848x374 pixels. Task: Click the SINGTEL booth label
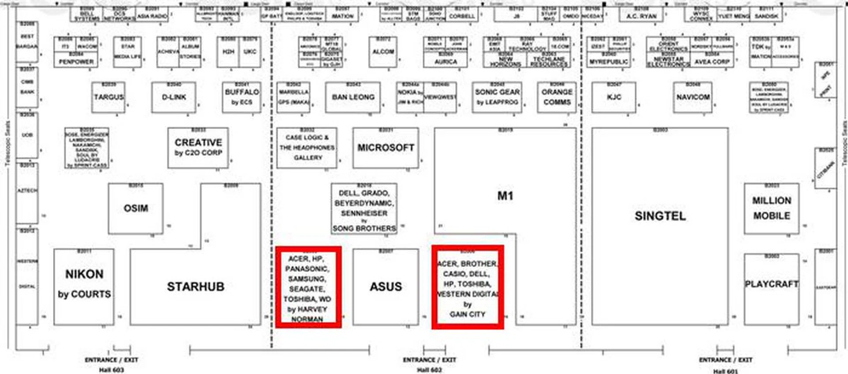[x=660, y=216]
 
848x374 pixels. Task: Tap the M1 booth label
[x=505, y=196]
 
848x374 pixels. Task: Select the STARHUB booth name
[x=195, y=287]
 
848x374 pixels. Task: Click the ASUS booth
[x=386, y=287]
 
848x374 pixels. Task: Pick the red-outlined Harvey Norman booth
[x=308, y=287]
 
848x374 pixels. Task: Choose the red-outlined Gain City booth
[x=467, y=287]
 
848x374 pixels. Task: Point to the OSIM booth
[x=136, y=208]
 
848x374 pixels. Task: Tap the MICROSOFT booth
[x=386, y=148]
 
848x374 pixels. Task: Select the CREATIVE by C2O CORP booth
[x=198, y=147]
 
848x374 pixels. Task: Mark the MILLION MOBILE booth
[x=771, y=208]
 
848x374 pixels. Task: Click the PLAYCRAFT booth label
[x=771, y=284]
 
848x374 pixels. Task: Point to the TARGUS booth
[x=109, y=97]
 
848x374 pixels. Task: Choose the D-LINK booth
[x=174, y=97]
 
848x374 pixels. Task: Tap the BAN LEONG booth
[x=353, y=97]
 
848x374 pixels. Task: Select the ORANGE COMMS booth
[x=556, y=97]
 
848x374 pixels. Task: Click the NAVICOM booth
[x=693, y=97]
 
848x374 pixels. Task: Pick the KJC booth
[x=614, y=97]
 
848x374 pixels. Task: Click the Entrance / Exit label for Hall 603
[x=111, y=360]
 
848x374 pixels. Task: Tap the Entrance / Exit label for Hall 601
[x=725, y=360]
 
